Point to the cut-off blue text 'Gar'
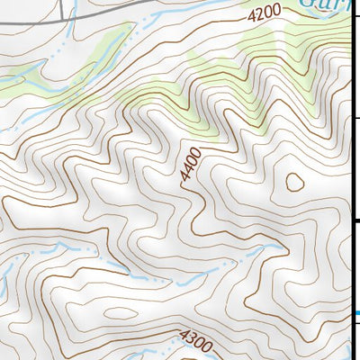[320, 4]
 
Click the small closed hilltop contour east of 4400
[294, 182]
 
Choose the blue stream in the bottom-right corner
[349, 346]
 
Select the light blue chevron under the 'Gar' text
[316, 21]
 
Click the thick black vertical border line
[351, 135]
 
